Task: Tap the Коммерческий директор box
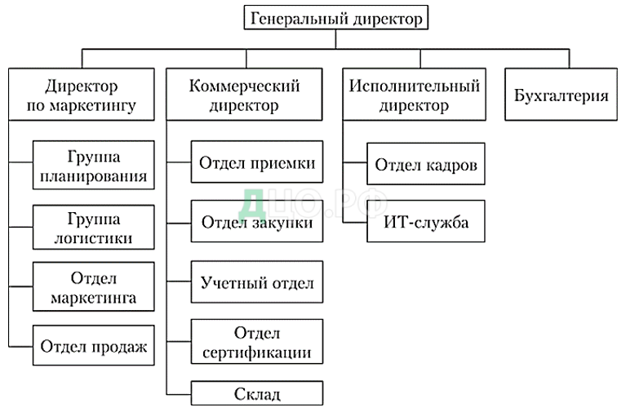[x=244, y=95]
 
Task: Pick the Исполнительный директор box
[x=414, y=95]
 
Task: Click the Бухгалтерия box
[x=562, y=95]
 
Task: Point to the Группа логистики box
[x=93, y=228]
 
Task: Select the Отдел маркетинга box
[x=93, y=287]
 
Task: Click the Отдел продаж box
[x=93, y=346]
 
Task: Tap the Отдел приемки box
[x=257, y=162]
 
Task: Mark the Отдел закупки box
[x=257, y=223]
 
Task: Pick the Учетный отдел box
[x=257, y=284]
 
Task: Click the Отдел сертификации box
[x=257, y=343]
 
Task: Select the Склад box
[x=257, y=394]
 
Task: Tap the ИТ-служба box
[x=425, y=221]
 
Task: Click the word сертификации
[x=257, y=352]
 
